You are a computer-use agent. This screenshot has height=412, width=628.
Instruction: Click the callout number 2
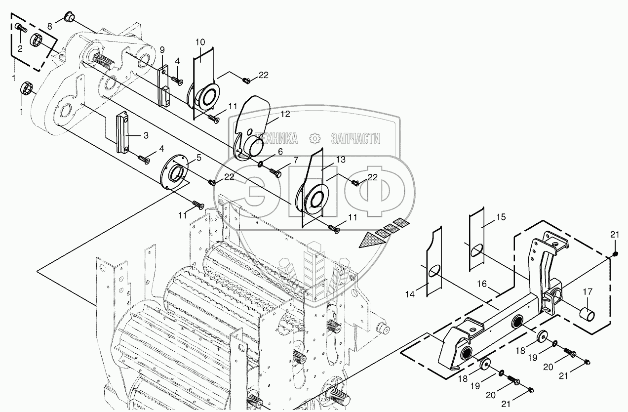[20, 48]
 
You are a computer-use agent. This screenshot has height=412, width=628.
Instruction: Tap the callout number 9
[161, 49]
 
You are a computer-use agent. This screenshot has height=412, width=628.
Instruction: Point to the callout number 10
[199, 42]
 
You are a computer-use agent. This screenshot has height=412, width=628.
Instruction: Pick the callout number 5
[199, 158]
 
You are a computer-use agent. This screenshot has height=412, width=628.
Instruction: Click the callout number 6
[280, 151]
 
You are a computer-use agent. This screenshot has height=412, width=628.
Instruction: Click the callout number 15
[501, 217]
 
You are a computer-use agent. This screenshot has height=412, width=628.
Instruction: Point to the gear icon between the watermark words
[314, 138]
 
